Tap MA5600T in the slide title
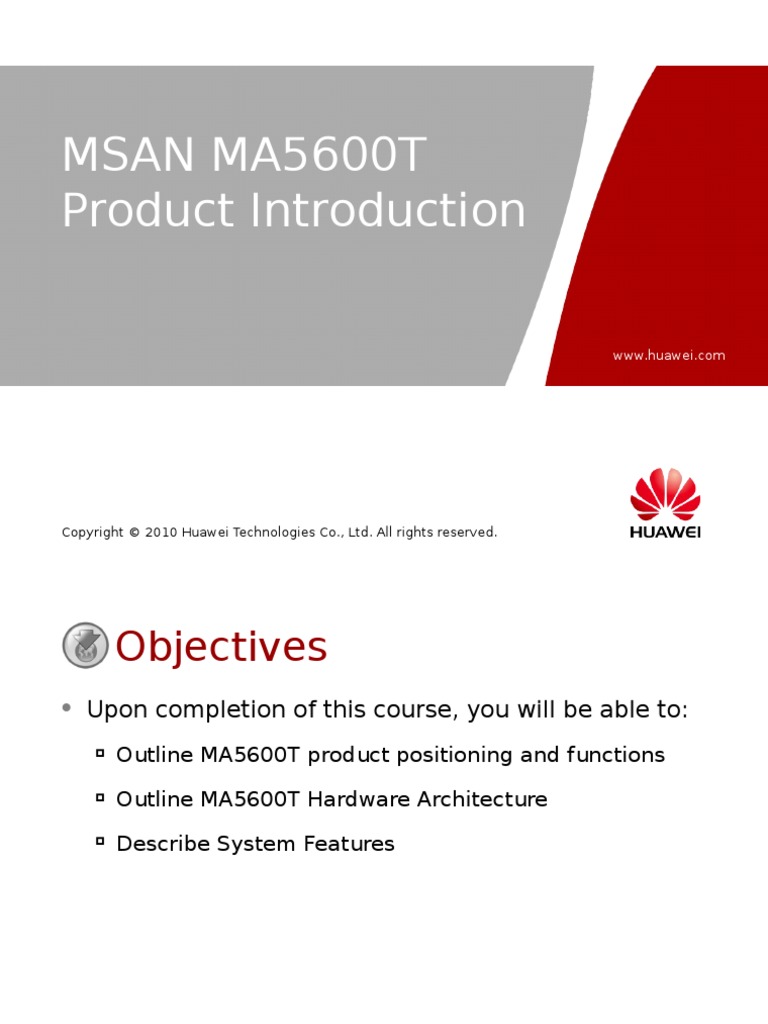pos(318,155)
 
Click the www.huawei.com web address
pos(668,356)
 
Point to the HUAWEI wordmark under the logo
pos(665,532)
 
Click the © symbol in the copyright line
pos(133,533)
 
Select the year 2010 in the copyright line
pos(161,533)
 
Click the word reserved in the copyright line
pos(467,533)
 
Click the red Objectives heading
pos(221,647)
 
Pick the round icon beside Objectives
pos(85,646)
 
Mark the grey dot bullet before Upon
pos(66,708)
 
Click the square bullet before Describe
pos(100,842)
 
